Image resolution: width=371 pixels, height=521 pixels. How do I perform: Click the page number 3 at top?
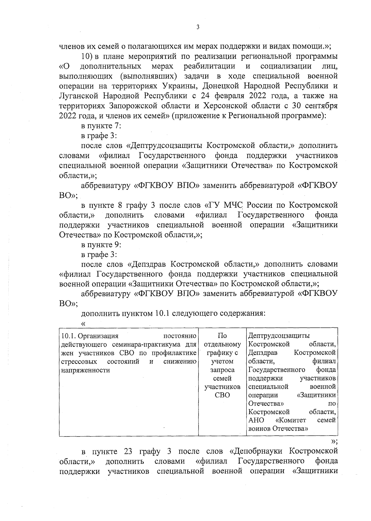pos(198,27)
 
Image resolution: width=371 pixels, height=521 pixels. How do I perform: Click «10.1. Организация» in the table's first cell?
pos(90,336)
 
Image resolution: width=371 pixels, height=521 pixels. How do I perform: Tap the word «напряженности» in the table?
pos(86,370)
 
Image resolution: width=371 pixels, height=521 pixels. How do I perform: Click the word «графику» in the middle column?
pos(220,353)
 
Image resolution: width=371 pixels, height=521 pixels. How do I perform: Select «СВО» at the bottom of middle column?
pos(222,395)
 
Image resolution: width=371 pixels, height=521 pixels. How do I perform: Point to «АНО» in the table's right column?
pos(256,420)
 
